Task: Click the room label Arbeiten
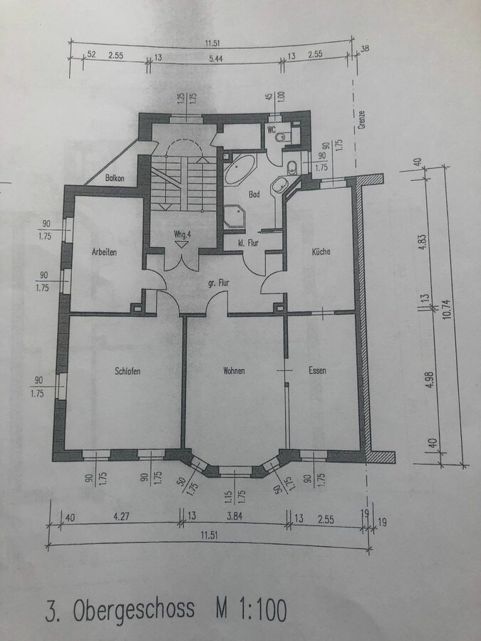tap(104, 252)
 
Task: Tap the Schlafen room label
tap(128, 371)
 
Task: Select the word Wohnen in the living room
tap(234, 371)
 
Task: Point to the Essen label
tap(317, 370)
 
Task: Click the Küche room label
tap(321, 251)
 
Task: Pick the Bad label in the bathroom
tap(254, 194)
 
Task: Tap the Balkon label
tap(115, 178)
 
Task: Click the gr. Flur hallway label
tap(219, 283)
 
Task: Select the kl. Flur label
tap(248, 243)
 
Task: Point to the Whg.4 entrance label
tap(182, 234)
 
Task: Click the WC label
tap(271, 130)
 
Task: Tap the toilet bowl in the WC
tap(281, 137)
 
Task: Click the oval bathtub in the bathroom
tap(239, 168)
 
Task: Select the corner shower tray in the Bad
tap(234, 217)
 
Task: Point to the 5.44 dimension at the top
tap(215, 58)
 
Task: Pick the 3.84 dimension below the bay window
tap(234, 516)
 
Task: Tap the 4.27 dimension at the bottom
tap(121, 516)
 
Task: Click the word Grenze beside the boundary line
tap(361, 120)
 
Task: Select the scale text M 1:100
tap(251, 609)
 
